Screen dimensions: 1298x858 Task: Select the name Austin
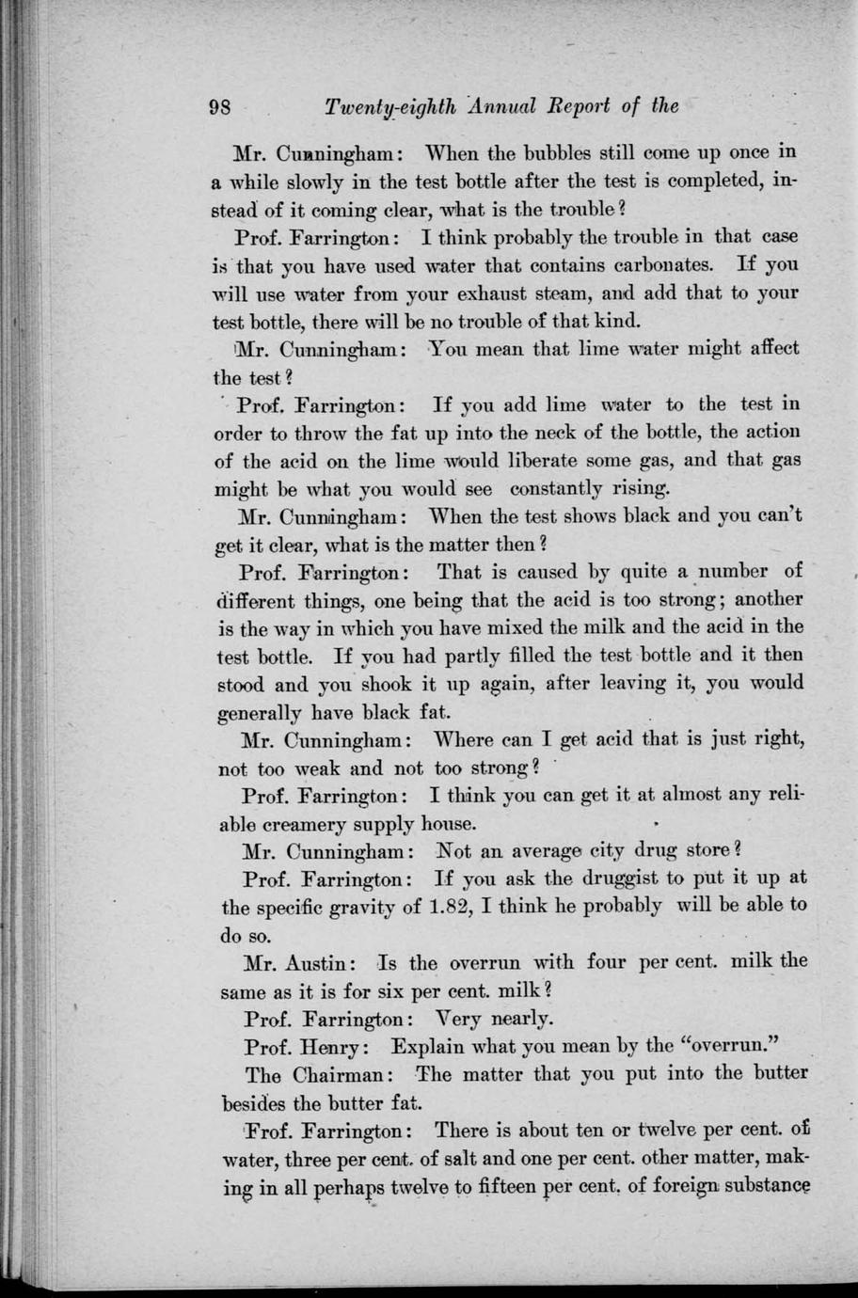320,962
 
